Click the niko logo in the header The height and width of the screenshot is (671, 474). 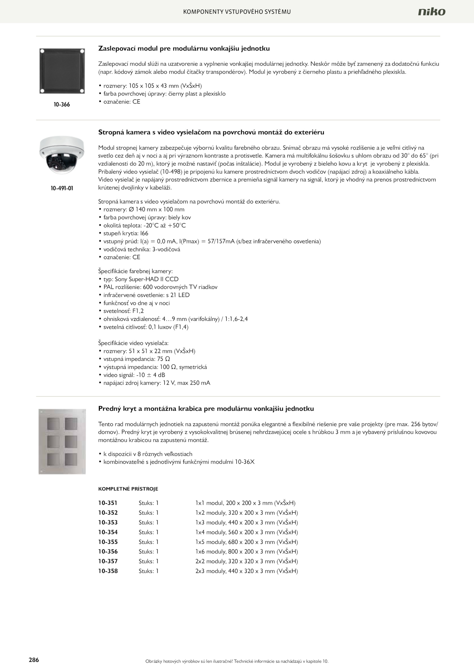[431, 12]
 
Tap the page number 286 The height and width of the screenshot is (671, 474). [34, 660]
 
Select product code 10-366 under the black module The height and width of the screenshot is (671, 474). [62, 105]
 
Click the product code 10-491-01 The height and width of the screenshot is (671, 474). [62, 188]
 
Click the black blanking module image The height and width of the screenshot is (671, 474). [62, 71]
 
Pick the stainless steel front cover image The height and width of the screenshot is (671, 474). [62, 442]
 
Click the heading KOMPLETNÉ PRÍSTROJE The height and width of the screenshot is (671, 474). [128, 489]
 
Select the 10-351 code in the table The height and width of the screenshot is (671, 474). [108, 503]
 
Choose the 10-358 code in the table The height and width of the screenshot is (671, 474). [108, 571]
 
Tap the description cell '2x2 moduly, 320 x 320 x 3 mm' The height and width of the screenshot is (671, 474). [246, 561]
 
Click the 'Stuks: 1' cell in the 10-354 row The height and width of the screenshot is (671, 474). [148, 532]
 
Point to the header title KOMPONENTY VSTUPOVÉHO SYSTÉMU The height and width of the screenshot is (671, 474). [237, 12]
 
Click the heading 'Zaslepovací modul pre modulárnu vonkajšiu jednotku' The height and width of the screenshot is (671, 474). [184, 48]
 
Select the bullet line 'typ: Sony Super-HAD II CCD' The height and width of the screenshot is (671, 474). [141, 279]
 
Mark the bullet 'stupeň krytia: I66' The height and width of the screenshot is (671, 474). [126, 233]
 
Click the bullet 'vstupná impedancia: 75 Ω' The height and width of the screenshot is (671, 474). [137, 359]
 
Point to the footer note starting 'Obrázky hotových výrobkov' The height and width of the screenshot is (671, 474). [237, 661]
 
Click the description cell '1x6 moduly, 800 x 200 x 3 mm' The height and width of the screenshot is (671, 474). [246, 552]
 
